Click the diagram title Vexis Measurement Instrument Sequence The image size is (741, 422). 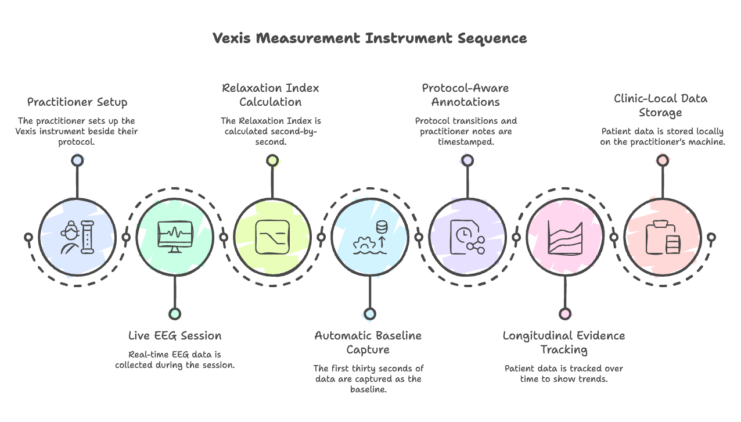pos(370,38)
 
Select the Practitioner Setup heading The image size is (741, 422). pos(77,102)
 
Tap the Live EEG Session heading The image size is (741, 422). pos(175,335)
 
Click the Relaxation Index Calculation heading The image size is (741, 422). pos(271,95)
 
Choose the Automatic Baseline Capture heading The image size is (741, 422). pos(368,342)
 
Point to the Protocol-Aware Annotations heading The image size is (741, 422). pos(465,95)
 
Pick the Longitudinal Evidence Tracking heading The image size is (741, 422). pos(563,342)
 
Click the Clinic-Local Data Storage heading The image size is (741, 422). pos(660,105)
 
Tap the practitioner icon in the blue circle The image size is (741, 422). pos(77,237)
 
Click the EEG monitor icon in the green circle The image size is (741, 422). pos(175,237)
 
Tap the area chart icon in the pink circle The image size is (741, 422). pos(565,237)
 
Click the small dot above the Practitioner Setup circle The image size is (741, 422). pos(77,160)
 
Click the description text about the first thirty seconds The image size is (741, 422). pos(368,379)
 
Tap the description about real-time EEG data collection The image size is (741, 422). pos(175,360)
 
